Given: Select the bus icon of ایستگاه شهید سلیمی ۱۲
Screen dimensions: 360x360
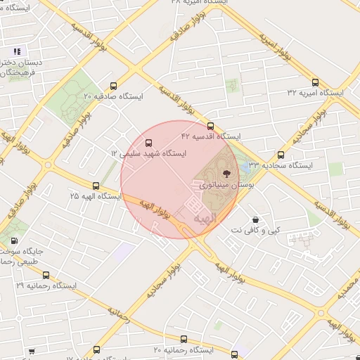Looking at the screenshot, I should coord(148,142).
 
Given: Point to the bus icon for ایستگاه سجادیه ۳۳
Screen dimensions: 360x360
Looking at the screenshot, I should coord(281,155).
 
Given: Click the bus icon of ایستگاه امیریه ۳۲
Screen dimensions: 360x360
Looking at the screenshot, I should coord(314,82).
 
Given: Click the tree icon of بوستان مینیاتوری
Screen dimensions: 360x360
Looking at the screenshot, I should coord(226,171).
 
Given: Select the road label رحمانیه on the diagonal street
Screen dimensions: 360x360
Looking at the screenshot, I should coord(120,314).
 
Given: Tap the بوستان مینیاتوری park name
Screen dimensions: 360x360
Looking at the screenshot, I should coord(226,185).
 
